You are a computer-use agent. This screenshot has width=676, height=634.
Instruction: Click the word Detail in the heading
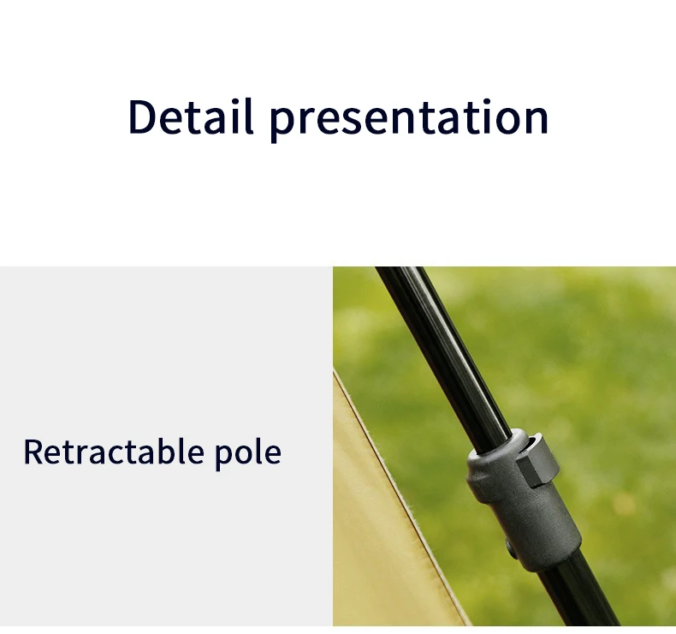(x=190, y=117)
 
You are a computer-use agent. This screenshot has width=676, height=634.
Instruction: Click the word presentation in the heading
(x=409, y=121)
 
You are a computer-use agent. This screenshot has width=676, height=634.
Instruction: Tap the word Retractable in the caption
(x=114, y=452)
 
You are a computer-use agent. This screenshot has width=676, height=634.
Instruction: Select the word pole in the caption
(x=248, y=455)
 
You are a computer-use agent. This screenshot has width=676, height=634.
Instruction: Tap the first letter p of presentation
(x=281, y=125)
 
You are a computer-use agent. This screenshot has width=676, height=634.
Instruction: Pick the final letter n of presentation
(x=537, y=121)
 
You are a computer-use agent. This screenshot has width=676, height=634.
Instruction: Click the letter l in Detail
(x=249, y=117)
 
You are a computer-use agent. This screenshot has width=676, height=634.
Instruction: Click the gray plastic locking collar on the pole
(x=523, y=500)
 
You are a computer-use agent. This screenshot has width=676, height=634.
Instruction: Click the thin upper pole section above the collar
(x=444, y=354)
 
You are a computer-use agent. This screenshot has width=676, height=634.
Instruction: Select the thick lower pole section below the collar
(x=578, y=595)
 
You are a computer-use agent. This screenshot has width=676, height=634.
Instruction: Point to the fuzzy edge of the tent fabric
(x=399, y=496)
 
